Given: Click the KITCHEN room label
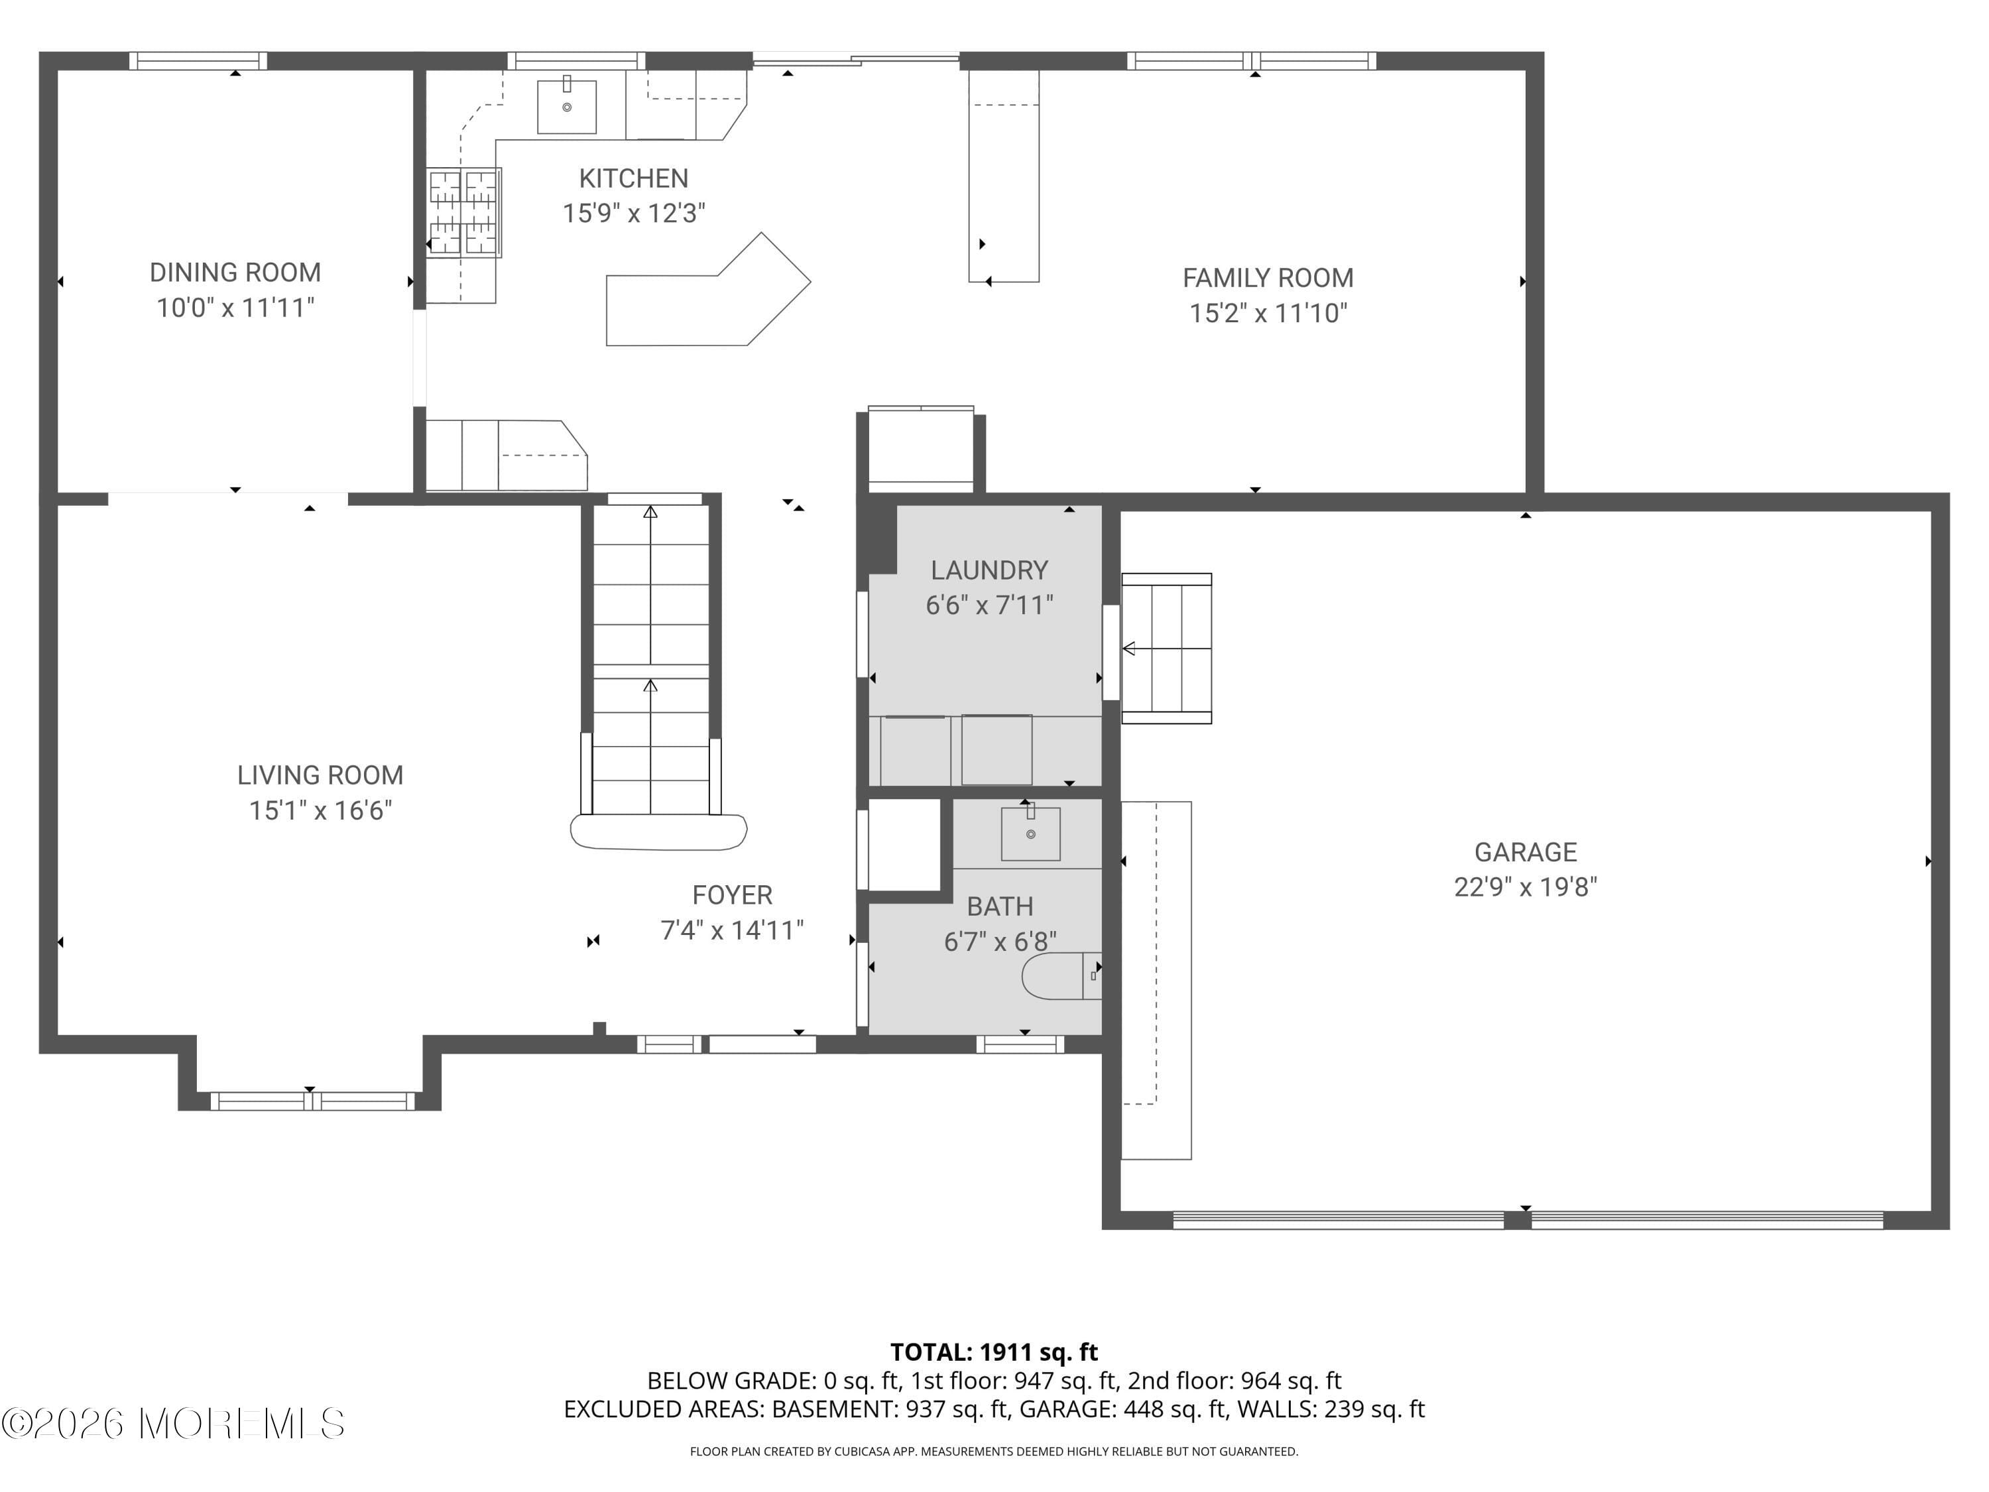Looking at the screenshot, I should click(633, 178).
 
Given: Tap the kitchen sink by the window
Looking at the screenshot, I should click(566, 107).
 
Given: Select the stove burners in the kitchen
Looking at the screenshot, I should click(463, 213).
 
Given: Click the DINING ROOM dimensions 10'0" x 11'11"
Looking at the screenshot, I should click(235, 308).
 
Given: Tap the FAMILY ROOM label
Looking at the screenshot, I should click(1267, 278).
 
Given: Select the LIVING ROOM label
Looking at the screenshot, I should click(320, 775).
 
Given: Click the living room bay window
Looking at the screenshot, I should click(312, 1100).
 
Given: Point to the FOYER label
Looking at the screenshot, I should click(732, 895).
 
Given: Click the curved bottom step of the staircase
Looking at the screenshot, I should click(658, 832).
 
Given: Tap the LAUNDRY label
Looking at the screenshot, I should click(989, 570).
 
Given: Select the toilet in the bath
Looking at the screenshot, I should click(1061, 976).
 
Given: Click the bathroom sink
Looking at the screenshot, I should click(1030, 834).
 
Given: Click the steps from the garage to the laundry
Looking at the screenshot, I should click(1166, 647).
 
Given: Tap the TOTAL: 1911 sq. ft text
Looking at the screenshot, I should click(994, 1351).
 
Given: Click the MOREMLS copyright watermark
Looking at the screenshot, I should click(172, 1424).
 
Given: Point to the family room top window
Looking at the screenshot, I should click(1251, 61).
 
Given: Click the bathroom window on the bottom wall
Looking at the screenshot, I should click(1020, 1044).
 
